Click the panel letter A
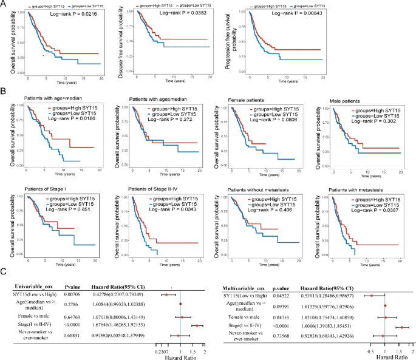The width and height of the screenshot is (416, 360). pyautogui.click(x=4, y=4)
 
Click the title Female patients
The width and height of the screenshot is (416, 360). pyautogui.click(x=247, y=99)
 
